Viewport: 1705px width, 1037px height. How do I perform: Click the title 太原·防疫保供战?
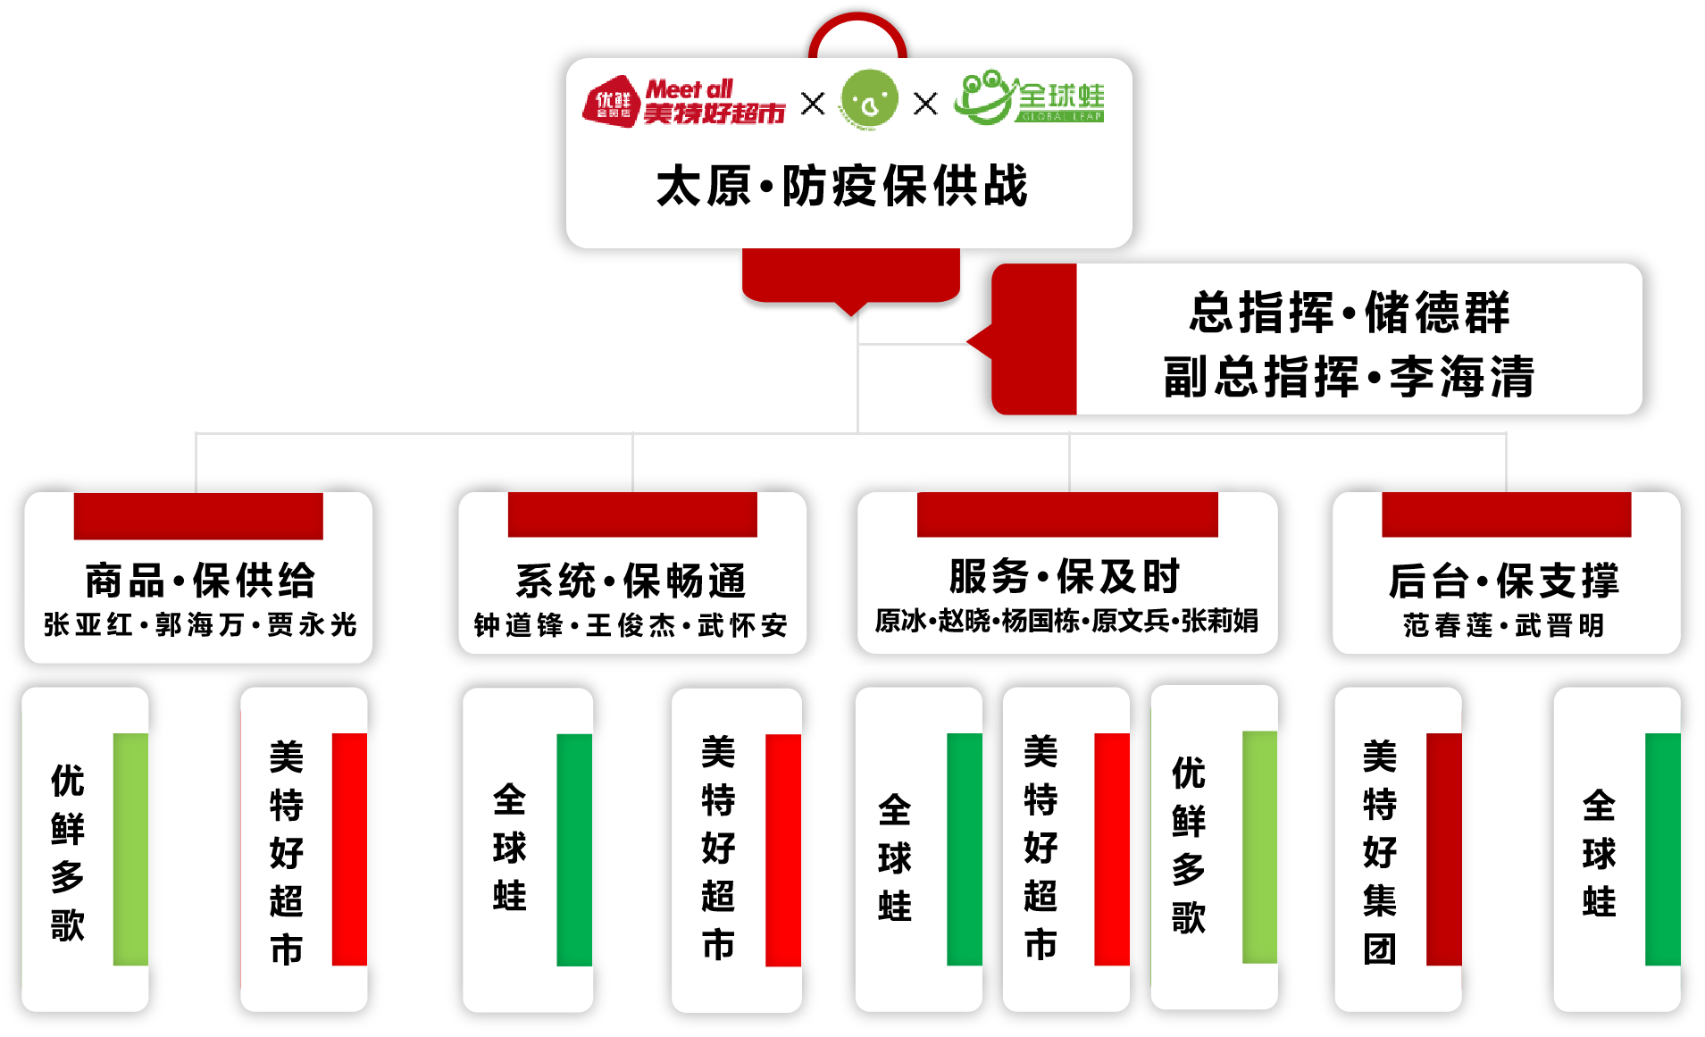pyautogui.click(x=842, y=187)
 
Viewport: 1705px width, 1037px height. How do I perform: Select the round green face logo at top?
pyautogui.click(x=868, y=100)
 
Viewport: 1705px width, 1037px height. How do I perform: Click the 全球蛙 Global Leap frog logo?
pyautogui.click(x=1029, y=98)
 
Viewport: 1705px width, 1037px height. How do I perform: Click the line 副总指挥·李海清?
pyautogui.click(x=1349, y=376)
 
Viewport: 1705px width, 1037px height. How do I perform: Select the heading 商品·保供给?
pyautogui.click(x=200, y=581)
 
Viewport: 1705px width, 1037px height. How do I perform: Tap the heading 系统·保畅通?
pyautogui.click(x=631, y=581)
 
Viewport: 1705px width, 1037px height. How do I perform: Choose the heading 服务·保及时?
pyautogui.click(x=1065, y=577)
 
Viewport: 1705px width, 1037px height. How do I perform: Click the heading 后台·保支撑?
pyautogui.click(x=1504, y=581)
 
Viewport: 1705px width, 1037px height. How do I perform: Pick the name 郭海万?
pyautogui.click(x=200, y=624)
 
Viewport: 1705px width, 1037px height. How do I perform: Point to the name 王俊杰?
pyautogui.click(x=631, y=625)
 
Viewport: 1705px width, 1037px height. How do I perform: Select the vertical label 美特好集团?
pyautogui.click(x=1380, y=851)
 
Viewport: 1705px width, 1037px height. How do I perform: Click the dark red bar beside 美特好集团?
pyautogui.click(x=1443, y=849)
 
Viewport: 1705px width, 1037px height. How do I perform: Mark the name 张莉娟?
pyautogui.click(x=1220, y=621)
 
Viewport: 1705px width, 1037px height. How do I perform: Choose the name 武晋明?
pyautogui.click(x=1559, y=625)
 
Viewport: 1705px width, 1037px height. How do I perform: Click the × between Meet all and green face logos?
pyautogui.click(x=813, y=104)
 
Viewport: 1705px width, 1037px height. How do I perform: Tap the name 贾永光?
pyautogui.click(x=312, y=624)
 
